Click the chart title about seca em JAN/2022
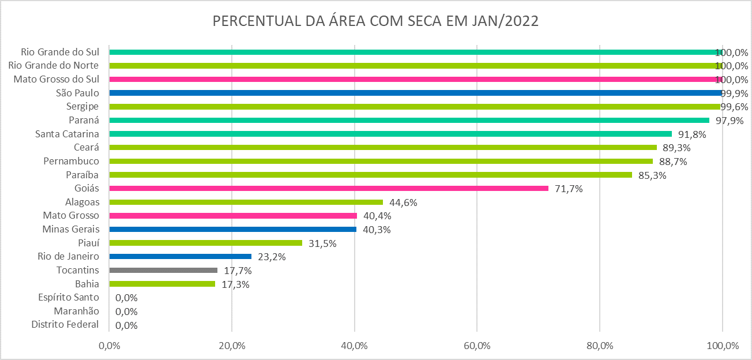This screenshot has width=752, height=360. [x=375, y=21]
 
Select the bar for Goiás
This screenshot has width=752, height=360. [x=329, y=188]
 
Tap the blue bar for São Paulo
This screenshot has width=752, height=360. [x=415, y=93]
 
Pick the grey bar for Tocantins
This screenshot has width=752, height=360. [x=163, y=270]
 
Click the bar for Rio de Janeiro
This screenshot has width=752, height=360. [x=180, y=256]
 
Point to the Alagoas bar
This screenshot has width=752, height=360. [x=246, y=202]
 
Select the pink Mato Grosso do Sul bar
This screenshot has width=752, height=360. [x=415, y=79]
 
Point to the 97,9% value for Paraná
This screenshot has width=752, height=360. [x=729, y=120]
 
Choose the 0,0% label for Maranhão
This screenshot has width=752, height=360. [x=126, y=311]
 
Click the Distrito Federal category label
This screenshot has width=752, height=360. [x=65, y=325]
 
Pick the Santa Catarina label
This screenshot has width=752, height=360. [x=67, y=134]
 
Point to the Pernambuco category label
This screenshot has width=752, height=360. [x=72, y=161]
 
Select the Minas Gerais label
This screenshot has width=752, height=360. [x=70, y=229]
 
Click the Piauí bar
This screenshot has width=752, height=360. [x=205, y=243]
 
